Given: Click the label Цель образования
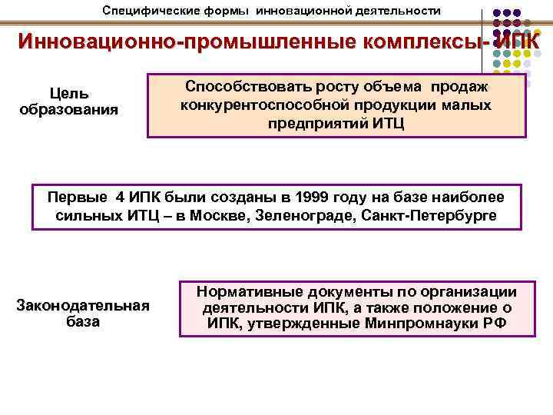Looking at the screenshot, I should pyautogui.click(x=68, y=101).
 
